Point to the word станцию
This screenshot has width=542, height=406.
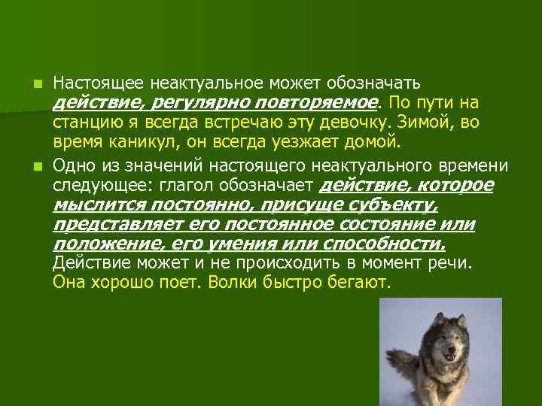click(84, 122)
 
